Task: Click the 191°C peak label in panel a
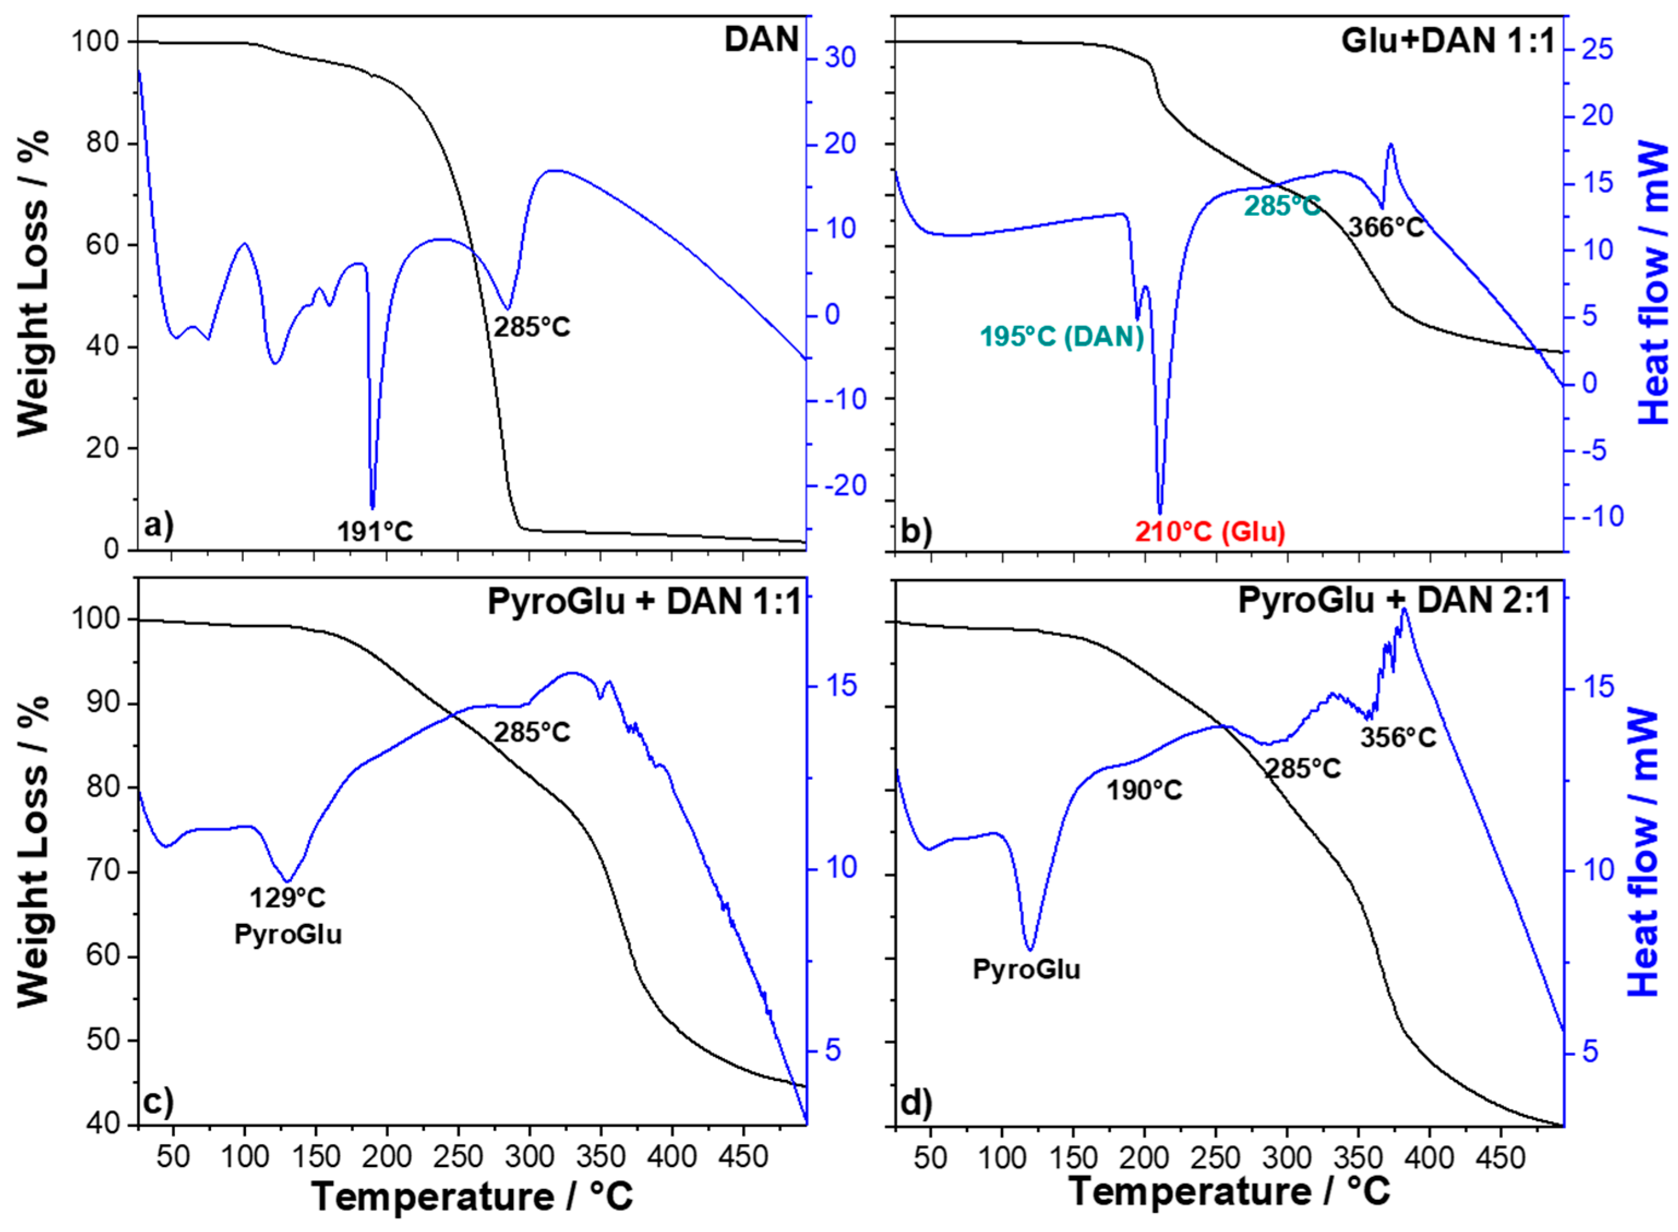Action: (x=375, y=532)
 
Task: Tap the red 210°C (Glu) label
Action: (x=1210, y=532)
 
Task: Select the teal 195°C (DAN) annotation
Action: (x=1061, y=337)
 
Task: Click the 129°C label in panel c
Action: (x=287, y=898)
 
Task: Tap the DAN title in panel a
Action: (x=761, y=39)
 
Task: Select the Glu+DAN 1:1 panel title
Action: (x=1447, y=39)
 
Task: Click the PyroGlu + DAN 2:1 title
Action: (x=1394, y=600)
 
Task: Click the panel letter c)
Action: (x=158, y=1102)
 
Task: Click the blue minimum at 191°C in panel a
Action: (x=372, y=508)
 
